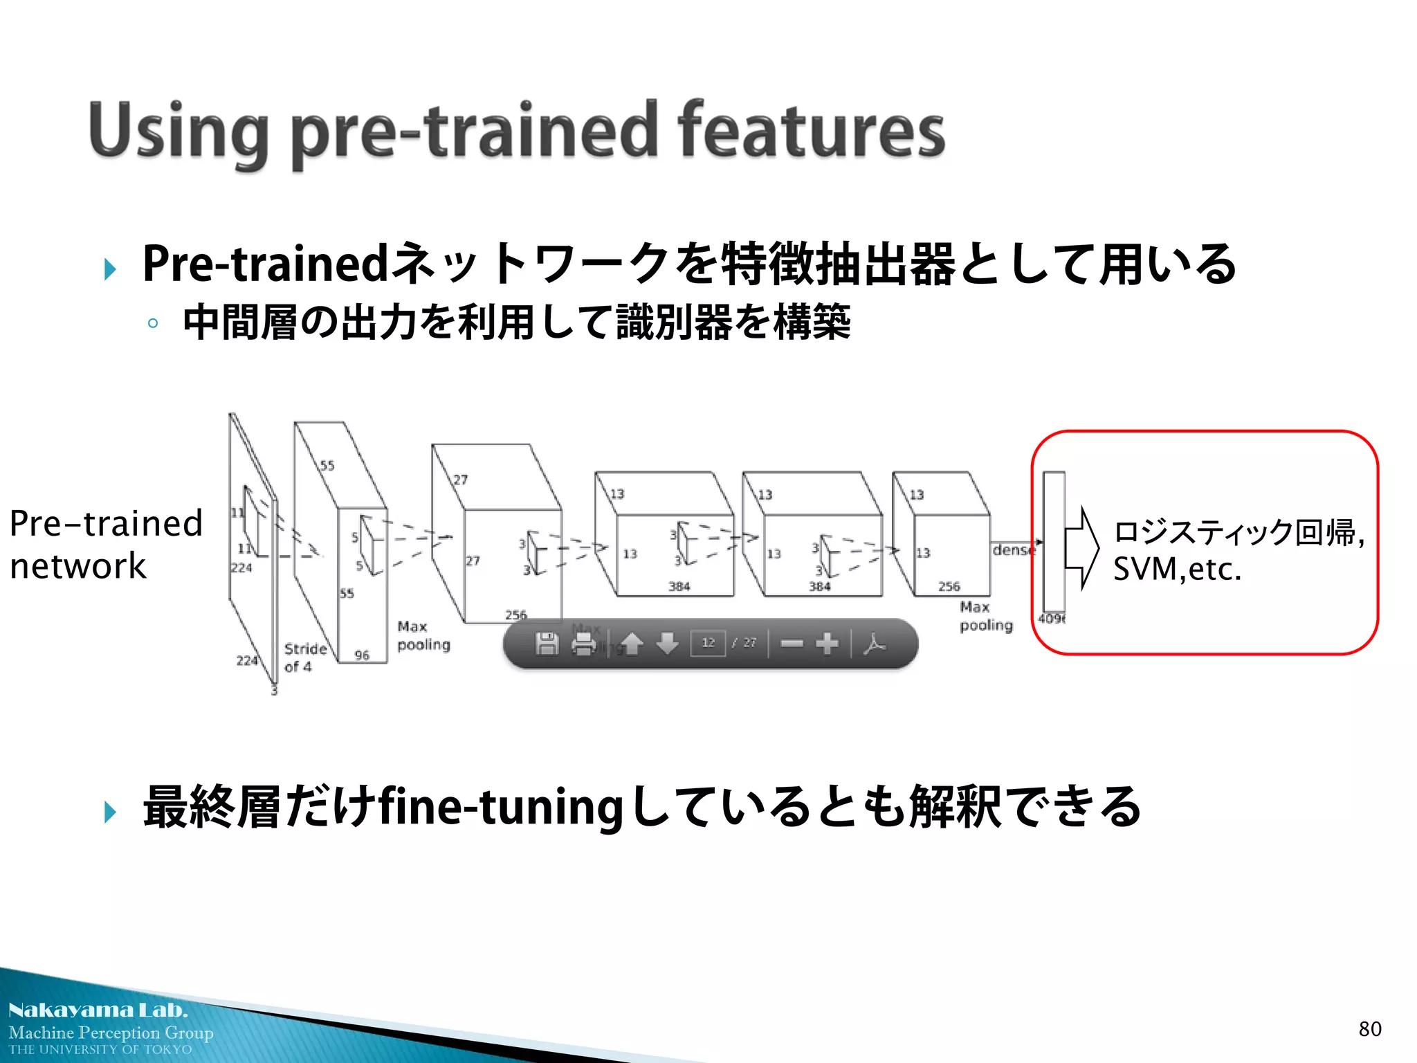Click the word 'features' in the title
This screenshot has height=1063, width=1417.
pyautogui.click(x=811, y=130)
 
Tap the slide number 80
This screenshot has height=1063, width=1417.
pyautogui.click(x=1369, y=1029)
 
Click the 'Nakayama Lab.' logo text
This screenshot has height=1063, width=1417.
pyautogui.click(x=98, y=1010)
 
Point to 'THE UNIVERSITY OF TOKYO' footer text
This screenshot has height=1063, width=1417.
pyautogui.click(x=100, y=1050)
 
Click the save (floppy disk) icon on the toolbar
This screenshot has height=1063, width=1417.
pyautogui.click(x=547, y=644)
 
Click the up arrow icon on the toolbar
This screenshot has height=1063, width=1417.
pyautogui.click(x=631, y=644)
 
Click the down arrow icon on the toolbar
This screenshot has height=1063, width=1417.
pyautogui.click(x=667, y=644)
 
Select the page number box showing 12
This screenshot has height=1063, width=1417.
pyautogui.click(x=708, y=643)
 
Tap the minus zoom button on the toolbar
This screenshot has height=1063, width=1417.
pyautogui.click(x=792, y=644)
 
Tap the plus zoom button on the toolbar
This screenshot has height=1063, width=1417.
pyautogui.click(x=827, y=644)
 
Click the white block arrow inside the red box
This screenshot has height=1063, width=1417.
pyautogui.click(x=1081, y=548)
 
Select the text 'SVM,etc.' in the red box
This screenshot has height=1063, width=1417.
pyautogui.click(x=1177, y=570)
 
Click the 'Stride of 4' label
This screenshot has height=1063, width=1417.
pyautogui.click(x=304, y=657)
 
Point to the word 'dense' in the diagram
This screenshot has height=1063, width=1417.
pyautogui.click(x=1014, y=550)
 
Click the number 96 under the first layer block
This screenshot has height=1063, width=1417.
pyautogui.click(x=362, y=655)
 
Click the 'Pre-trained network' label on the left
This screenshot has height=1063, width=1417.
pyautogui.click(x=105, y=545)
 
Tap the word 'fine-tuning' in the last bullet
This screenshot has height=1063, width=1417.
pyautogui.click(x=501, y=808)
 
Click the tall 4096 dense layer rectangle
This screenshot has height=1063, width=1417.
pyautogui.click(x=1053, y=540)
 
